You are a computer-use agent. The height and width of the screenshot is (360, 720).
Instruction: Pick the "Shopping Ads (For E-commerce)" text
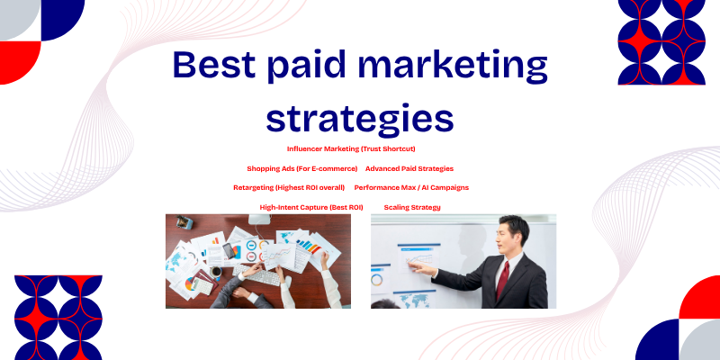coord(302,168)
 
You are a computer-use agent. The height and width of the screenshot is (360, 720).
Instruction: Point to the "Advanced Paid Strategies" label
coord(409,168)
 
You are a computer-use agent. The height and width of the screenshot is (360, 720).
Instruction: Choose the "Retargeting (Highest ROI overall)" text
coord(289,187)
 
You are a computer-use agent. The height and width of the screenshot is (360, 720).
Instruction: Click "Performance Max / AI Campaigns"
coord(411,187)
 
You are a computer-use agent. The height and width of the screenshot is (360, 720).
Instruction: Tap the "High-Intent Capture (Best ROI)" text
coord(311,207)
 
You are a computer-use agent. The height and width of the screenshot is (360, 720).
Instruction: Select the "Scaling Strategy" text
coord(412,207)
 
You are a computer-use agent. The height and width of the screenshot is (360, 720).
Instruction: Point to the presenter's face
coord(508,232)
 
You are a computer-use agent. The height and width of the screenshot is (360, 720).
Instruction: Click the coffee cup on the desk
coord(216,270)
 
